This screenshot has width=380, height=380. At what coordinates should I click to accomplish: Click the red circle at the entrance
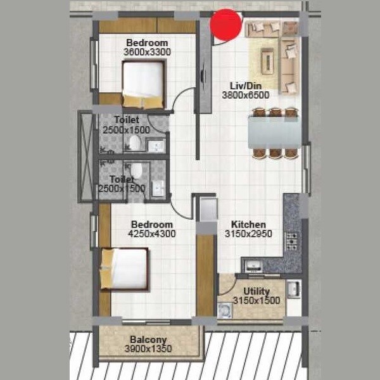227,24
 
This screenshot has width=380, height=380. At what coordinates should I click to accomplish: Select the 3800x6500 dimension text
246,95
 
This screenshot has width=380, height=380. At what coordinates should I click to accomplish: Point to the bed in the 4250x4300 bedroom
125,269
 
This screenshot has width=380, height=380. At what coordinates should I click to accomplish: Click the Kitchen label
248,225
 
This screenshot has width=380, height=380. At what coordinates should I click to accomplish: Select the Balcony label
148,339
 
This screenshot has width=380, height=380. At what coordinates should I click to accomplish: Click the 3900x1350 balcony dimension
148,348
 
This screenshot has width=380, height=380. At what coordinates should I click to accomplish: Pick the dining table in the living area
275,133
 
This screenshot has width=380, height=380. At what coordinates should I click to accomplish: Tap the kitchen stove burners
292,241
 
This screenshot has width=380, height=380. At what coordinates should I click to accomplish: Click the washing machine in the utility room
225,310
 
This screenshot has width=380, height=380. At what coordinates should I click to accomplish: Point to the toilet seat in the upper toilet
134,142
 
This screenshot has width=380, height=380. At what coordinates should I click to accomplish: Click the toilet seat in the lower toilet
136,170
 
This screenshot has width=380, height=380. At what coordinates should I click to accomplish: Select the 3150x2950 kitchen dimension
248,234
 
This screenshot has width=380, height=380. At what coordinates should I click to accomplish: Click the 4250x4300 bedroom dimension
152,234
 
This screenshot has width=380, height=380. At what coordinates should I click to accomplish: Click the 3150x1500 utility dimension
256,301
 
